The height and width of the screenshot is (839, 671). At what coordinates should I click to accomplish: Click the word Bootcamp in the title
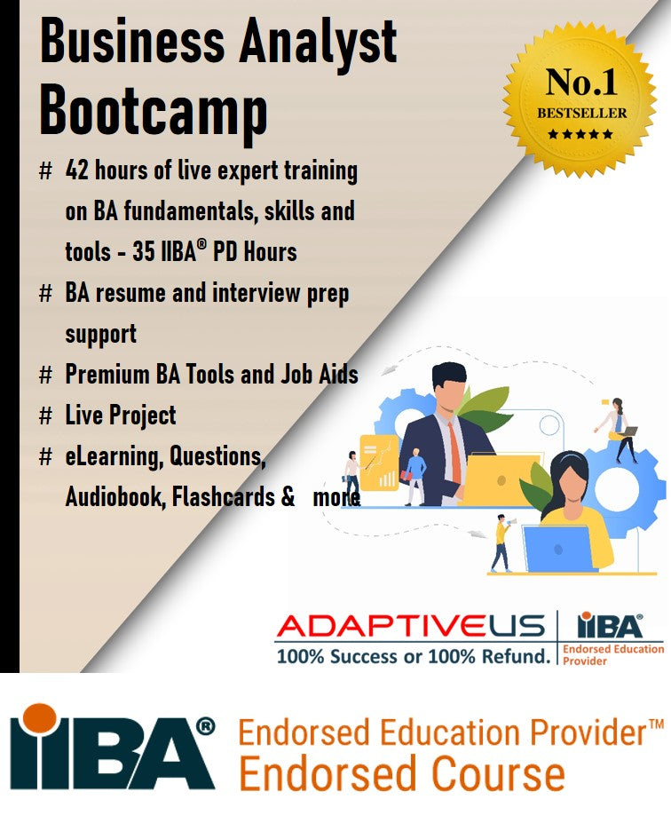tap(154, 112)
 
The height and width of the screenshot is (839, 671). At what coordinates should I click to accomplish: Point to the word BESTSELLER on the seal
tap(581, 114)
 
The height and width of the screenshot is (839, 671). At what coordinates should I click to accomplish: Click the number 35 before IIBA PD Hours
tap(144, 252)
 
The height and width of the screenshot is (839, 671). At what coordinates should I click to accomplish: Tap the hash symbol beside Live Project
tap(46, 416)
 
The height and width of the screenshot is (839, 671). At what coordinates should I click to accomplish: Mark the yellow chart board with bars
tap(378, 462)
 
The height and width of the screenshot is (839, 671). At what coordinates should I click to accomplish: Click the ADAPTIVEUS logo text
tap(409, 626)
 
